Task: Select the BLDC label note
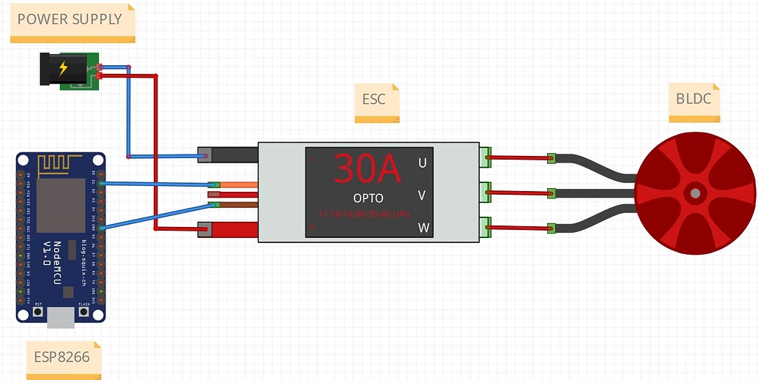(692, 99)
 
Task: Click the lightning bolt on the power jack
(63, 68)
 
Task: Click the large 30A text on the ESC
(368, 169)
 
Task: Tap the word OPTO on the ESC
(368, 198)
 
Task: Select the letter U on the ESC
(422, 163)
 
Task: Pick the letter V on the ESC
(422, 195)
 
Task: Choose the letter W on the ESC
(423, 228)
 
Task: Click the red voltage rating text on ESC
(363, 214)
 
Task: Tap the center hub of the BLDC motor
(694, 193)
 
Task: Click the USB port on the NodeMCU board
(61, 316)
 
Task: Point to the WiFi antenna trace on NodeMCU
(61, 163)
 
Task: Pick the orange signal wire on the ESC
(239, 185)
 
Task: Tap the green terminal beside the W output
(485, 228)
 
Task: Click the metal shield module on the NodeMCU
(61, 205)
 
